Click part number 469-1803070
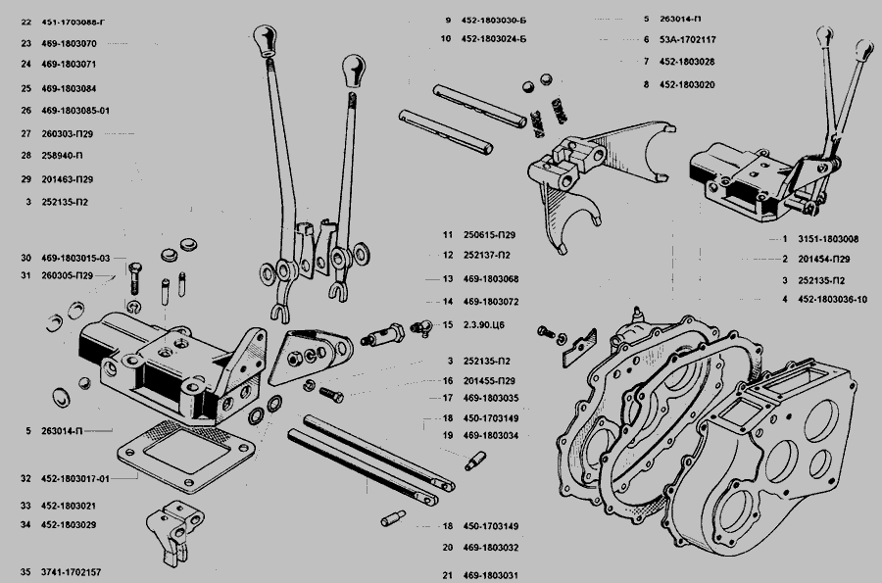pyautogui.click(x=74, y=43)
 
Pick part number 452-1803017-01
pyautogui.click(x=82, y=479)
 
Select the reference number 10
pyautogui.click(x=446, y=40)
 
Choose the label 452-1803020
pyautogui.click(x=687, y=85)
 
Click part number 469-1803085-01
pyautogui.click(x=82, y=110)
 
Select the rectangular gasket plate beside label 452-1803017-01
pyautogui.click(x=186, y=453)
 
